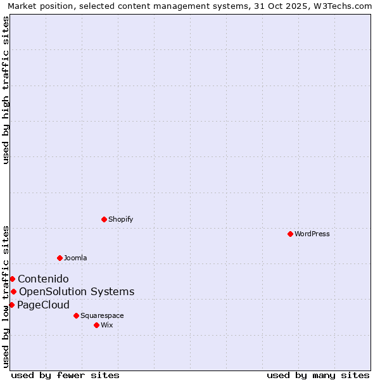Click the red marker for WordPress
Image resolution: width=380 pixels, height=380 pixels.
coord(290,234)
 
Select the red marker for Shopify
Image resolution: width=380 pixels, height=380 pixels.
coord(104,219)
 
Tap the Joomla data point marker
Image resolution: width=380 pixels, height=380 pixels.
coord(60,258)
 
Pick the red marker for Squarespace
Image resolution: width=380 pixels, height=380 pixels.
coord(76,315)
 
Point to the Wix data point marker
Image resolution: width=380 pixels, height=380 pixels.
coord(96,325)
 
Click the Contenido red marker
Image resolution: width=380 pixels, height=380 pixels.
coord(12,279)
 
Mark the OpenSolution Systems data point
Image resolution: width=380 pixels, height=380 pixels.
coord(13,291)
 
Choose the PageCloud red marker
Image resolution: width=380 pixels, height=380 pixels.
coord(11,305)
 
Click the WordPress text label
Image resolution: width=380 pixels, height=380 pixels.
coord(312,234)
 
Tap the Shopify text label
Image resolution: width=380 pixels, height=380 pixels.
coord(120,219)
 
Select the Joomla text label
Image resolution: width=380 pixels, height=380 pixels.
coord(75,258)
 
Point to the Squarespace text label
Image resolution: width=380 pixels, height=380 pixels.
coord(102,315)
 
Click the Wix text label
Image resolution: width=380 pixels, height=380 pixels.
coord(107,325)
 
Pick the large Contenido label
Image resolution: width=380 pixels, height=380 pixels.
coord(43,279)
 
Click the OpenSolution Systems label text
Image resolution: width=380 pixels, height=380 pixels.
coord(77,291)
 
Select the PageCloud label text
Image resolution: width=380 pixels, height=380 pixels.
coord(43,305)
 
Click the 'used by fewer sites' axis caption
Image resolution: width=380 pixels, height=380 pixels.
coord(65,375)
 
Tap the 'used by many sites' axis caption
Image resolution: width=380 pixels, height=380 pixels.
coord(318,375)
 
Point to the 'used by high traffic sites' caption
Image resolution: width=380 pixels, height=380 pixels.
coord(6,90)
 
